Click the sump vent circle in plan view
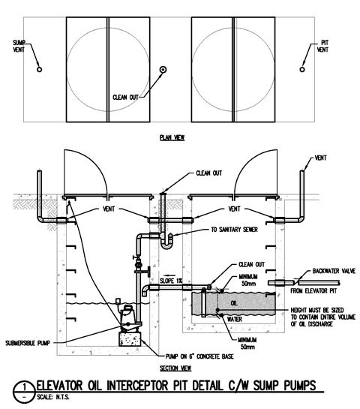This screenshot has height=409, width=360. pos(39,69)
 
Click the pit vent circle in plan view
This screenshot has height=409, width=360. pos(302,69)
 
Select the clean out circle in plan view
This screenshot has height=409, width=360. pos(163,69)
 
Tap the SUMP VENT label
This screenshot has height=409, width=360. pos(19,47)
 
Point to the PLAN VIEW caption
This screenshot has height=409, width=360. pos(172,137)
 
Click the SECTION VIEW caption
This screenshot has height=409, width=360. pos(175,368)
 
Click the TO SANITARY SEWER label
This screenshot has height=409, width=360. pos(234,230)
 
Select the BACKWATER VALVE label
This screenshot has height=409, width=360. pos(334,271)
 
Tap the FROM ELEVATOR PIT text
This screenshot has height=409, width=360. pos(313,290)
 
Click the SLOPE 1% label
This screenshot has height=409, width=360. pos(171,281)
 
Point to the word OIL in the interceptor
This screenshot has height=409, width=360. pos(234,303)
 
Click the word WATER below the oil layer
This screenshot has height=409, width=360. pos(234,319)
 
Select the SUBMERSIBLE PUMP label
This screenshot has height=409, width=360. pos(28,343)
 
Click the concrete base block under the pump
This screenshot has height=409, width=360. pos(130,339)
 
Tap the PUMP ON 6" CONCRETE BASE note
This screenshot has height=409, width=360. pos(199,356)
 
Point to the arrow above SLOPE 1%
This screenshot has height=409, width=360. pos(169,275)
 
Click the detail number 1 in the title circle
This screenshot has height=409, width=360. pos(24,386)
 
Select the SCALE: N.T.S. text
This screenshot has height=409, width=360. pos(53,397)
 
